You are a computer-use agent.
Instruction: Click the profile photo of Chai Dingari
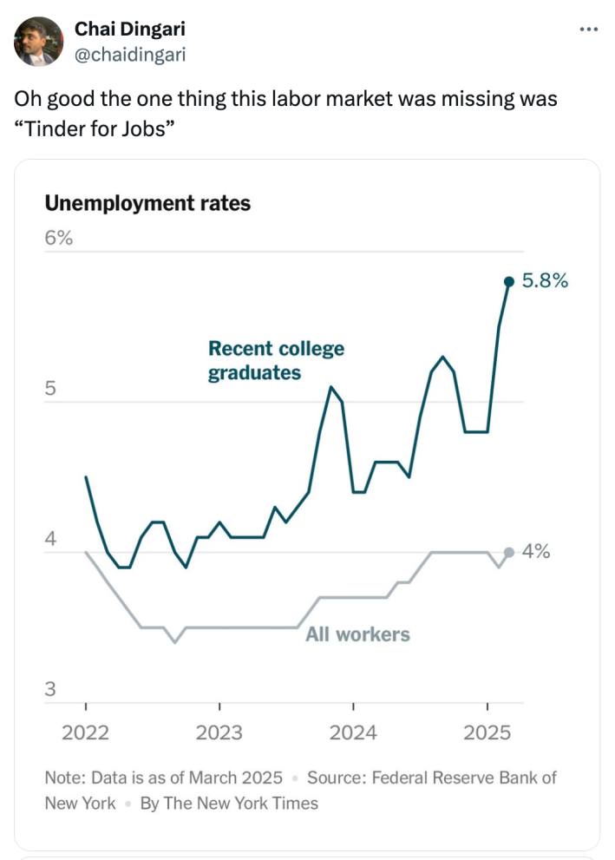(38, 42)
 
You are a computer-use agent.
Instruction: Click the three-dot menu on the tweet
(589, 30)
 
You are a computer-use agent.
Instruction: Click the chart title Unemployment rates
(147, 204)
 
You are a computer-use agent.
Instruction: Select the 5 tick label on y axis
(51, 389)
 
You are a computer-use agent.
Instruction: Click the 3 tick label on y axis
(51, 690)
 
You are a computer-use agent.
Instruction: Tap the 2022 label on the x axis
(86, 732)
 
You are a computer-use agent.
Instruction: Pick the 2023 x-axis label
(219, 732)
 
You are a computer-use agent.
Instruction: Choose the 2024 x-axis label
(353, 732)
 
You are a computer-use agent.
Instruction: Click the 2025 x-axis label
(487, 732)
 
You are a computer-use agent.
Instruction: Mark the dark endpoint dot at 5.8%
(509, 281)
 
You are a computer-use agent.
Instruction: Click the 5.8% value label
(546, 281)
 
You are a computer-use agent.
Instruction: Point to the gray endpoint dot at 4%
(509, 552)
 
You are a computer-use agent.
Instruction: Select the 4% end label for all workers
(536, 552)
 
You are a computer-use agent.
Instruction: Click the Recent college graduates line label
(276, 360)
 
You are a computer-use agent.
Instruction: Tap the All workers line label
(357, 634)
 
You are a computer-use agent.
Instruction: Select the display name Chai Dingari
(129, 30)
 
